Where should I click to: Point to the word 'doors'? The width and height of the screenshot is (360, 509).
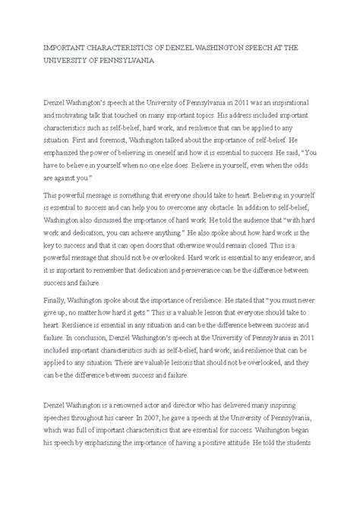pyautogui.click(x=162, y=267)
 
